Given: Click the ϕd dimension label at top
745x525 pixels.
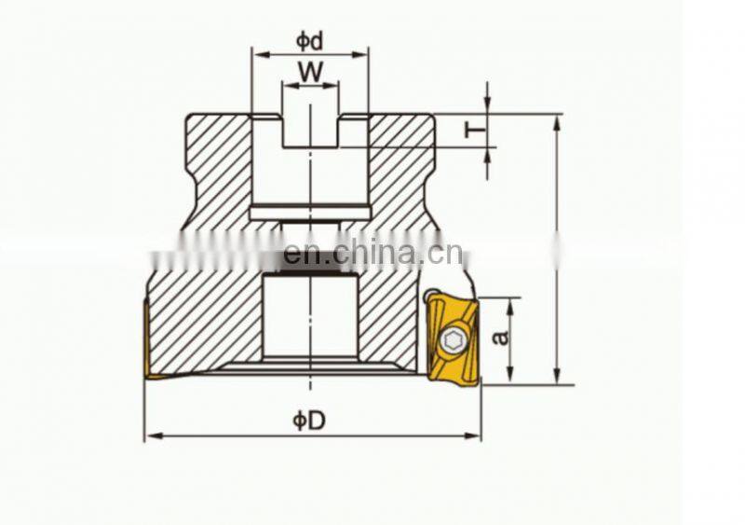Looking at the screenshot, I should click(x=309, y=40).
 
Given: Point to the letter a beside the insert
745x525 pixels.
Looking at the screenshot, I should click(x=501, y=334).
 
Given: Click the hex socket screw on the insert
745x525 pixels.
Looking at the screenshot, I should click(x=454, y=341).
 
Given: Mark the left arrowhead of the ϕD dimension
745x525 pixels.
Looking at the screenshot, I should click(x=150, y=435).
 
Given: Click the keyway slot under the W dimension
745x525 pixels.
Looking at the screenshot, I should click(x=310, y=130).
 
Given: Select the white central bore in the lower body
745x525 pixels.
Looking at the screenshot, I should click(x=310, y=317).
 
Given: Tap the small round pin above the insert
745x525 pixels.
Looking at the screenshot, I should click(x=429, y=298).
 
